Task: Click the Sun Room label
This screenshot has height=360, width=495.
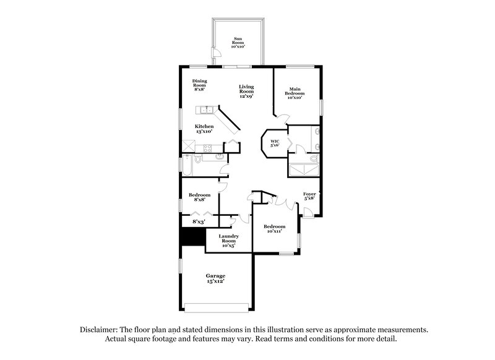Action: (x=238, y=43)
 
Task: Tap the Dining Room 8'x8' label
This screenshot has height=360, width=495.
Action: (x=199, y=85)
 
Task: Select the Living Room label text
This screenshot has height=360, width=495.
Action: (x=247, y=92)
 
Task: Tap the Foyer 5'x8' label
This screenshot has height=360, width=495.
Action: (x=309, y=196)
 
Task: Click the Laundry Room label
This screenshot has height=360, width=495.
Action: (x=228, y=239)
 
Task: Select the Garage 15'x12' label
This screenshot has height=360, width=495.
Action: (x=215, y=278)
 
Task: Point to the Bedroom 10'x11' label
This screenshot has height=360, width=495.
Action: (x=275, y=229)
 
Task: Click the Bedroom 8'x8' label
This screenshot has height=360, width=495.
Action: (x=197, y=197)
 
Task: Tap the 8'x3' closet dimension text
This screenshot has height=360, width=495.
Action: (x=199, y=221)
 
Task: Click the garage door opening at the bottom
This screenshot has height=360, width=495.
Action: (x=219, y=307)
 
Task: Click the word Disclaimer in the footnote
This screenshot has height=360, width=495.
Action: (x=101, y=330)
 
